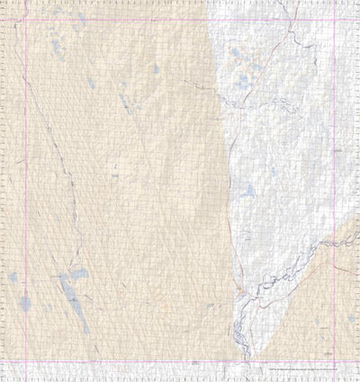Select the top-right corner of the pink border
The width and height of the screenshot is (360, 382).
click(x=335, y=20)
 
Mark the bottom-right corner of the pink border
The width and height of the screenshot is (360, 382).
click(x=335, y=361)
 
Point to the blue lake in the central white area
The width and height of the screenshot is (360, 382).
click(x=249, y=191)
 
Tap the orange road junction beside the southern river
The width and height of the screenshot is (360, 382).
click(x=239, y=289)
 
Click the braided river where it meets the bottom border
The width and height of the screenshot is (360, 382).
click(x=236, y=360)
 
